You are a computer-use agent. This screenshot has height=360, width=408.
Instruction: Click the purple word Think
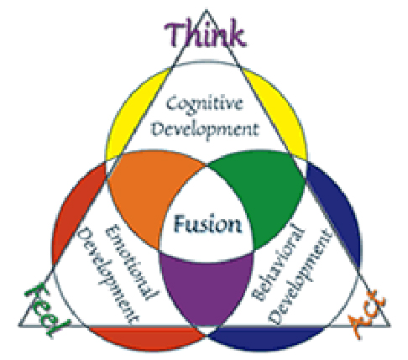tap(205, 34)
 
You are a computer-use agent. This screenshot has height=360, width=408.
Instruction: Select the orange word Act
tap(367, 314)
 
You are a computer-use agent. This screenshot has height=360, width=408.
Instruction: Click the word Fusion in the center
tap(207, 224)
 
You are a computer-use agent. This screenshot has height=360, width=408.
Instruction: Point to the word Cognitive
tap(205, 104)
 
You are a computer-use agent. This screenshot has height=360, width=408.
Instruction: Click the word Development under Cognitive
tap(205, 129)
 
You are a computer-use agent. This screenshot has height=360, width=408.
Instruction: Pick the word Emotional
tap(132, 262)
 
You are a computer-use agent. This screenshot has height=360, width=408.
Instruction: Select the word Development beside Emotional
tap(107, 275)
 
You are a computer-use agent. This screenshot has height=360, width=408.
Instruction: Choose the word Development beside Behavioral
tap(300, 277)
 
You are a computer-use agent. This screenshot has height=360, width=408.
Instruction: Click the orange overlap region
tap(151, 193)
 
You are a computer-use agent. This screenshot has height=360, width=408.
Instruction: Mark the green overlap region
tap(263, 193)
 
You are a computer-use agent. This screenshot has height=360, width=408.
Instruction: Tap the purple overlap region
tap(207, 288)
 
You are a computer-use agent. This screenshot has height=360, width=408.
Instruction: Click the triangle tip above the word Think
tap(207, 10)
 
